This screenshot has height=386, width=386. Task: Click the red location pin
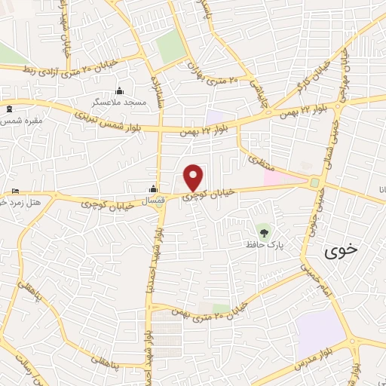point(194,177)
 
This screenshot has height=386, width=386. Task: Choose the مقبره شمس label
point(23,120)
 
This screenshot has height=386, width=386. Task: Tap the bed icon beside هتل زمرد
point(17,191)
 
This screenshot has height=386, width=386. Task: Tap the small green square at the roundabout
point(314,182)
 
